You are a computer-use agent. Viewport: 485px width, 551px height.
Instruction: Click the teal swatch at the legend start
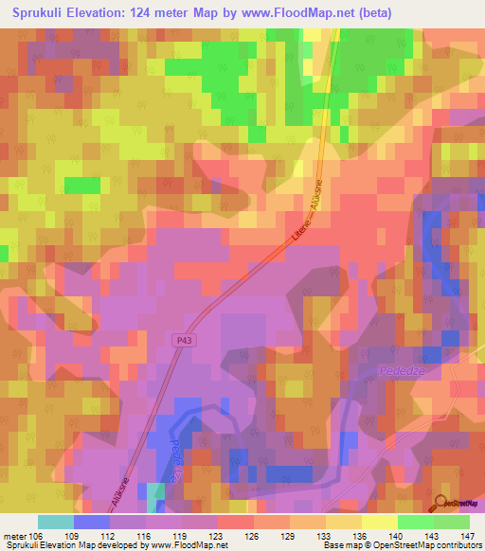(55, 522)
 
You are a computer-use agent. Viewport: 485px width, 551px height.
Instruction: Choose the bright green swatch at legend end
(452, 522)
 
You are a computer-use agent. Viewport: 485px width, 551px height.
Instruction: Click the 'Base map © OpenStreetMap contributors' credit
(401, 545)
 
